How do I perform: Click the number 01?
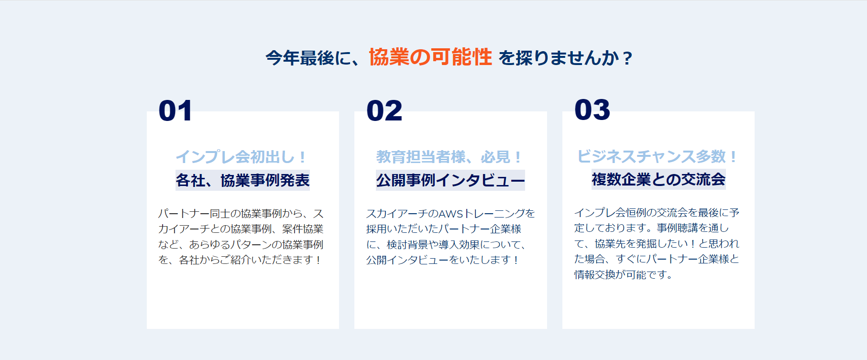(176, 111)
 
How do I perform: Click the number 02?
(384, 111)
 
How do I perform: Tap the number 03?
(593, 110)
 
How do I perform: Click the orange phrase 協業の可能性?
(430, 57)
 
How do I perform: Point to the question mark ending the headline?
(627, 58)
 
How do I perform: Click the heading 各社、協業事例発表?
(242, 180)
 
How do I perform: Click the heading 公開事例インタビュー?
(450, 180)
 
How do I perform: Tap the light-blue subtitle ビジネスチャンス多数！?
(658, 156)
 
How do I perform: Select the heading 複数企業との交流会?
(658, 179)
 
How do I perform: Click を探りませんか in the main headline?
(560, 58)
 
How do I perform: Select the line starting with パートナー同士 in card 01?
(241, 214)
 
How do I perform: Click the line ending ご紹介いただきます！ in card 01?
(240, 260)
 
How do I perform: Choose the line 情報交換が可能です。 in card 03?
(624, 274)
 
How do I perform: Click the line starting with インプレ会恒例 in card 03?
(657, 213)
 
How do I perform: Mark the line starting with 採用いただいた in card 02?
(444, 229)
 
